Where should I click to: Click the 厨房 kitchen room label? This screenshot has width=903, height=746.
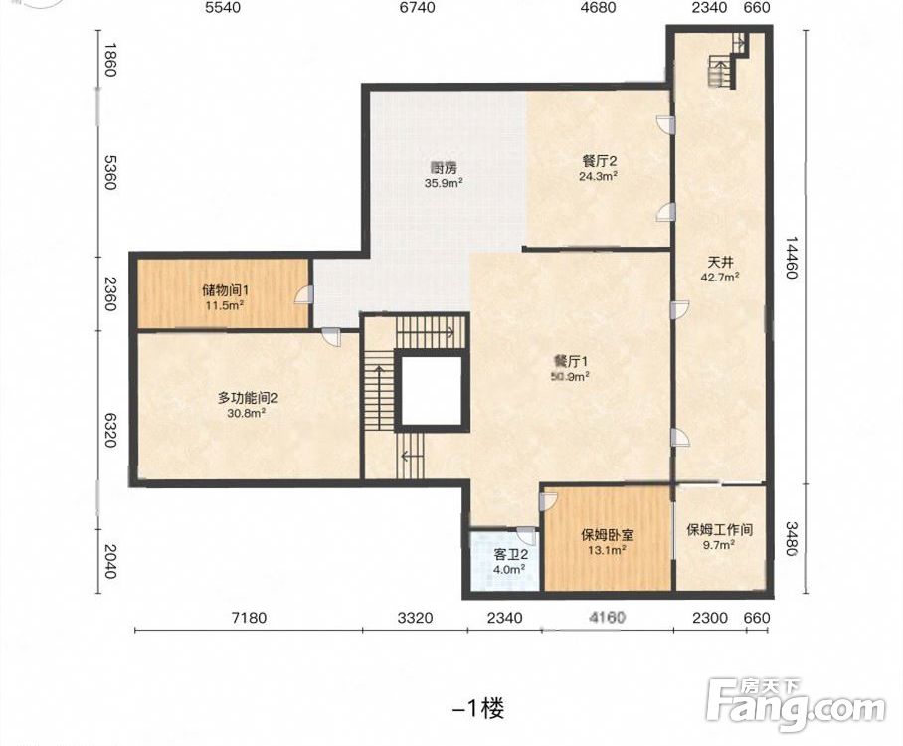[x=444, y=168]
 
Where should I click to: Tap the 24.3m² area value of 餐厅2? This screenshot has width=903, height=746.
[x=599, y=176]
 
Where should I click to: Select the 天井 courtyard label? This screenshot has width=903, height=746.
[x=720, y=263]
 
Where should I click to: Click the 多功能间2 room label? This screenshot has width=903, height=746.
[x=249, y=398]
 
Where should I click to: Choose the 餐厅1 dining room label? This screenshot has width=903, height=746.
[x=570, y=362]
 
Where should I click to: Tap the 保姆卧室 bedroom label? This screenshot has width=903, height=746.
[x=608, y=534]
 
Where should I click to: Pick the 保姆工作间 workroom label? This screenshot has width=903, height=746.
[x=720, y=529]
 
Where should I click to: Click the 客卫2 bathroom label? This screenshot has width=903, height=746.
[x=511, y=555]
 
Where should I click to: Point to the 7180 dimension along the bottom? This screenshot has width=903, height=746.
[x=249, y=618]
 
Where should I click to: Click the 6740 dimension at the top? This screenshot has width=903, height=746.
[x=417, y=8]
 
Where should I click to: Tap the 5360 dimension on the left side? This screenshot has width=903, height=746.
[x=110, y=172]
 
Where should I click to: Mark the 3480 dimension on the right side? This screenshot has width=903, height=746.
[x=792, y=539]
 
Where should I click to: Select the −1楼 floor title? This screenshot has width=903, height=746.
[x=478, y=708]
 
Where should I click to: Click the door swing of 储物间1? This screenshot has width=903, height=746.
[x=303, y=294]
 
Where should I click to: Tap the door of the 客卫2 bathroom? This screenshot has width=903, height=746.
[x=527, y=536]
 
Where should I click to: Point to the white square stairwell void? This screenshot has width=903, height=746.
[x=432, y=391]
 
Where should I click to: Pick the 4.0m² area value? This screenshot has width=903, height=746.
[x=509, y=569]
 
